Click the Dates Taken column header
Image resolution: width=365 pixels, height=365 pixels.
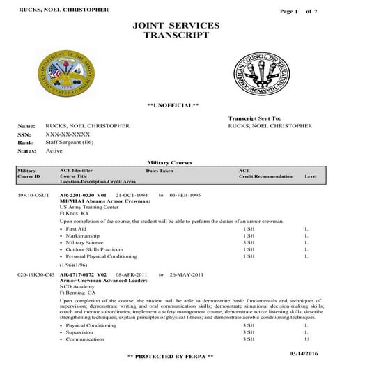160,170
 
